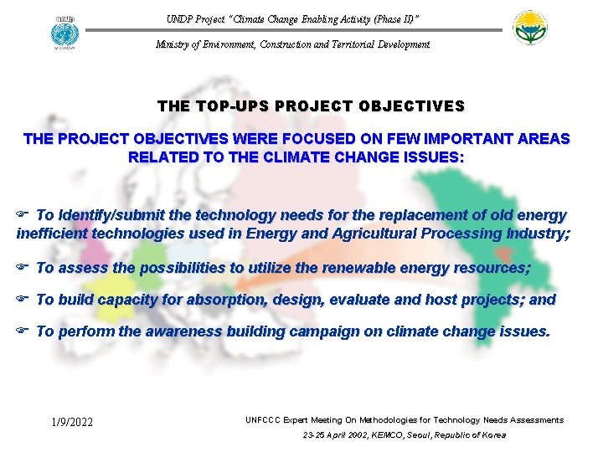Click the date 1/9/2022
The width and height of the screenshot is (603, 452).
click(x=72, y=422)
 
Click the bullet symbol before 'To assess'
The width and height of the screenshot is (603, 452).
click(x=23, y=268)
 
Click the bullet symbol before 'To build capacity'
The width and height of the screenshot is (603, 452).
click(x=23, y=300)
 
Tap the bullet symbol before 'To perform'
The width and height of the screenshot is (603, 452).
click(x=23, y=331)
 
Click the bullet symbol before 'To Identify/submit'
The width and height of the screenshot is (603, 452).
click(x=23, y=216)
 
